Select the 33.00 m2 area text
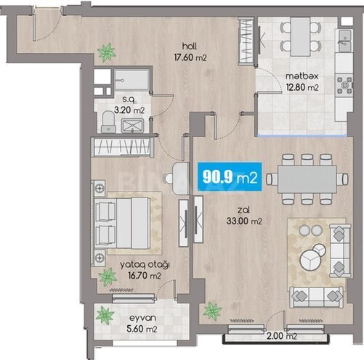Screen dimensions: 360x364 click(236, 222)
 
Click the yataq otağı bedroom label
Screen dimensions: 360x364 click(147, 265)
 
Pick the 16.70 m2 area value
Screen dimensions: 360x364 click(147, 276)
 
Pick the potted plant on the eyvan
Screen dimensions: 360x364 click(106, 314)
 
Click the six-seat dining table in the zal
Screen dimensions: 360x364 click(302, 178)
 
